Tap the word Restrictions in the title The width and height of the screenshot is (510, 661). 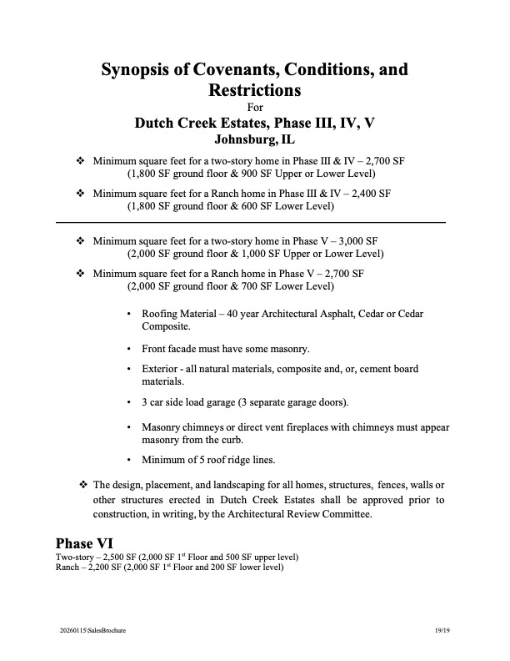255,88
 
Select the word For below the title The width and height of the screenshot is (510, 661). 255,106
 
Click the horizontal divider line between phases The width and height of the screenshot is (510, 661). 250,222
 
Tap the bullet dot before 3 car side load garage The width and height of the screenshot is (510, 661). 128,403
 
